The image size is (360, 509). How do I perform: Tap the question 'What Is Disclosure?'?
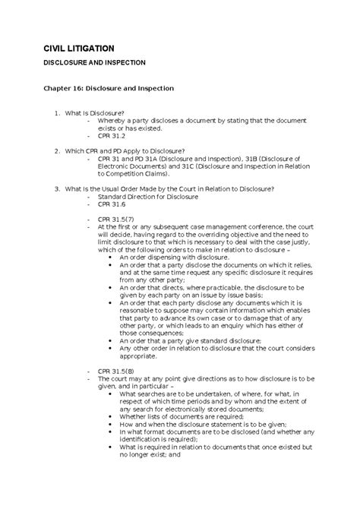[104, 112]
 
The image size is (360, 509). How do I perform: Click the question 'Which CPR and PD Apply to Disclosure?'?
[135, 150]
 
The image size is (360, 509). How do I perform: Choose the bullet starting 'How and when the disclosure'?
[190, 426]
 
